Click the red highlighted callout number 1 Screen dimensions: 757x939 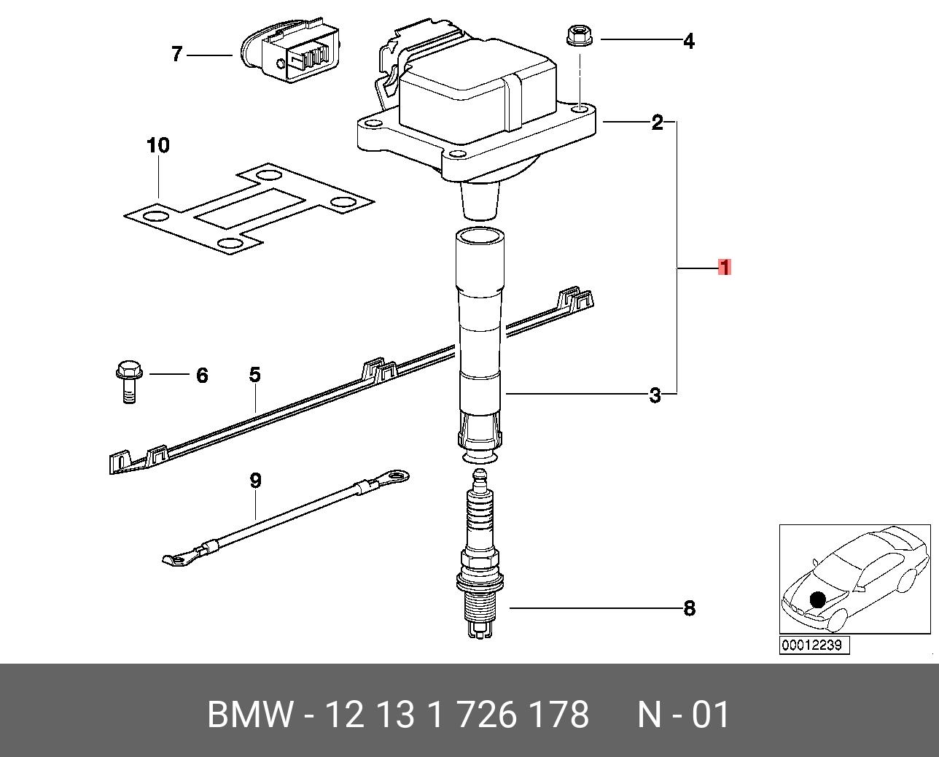coord(724,268)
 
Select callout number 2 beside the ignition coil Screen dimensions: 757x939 coord(657,123)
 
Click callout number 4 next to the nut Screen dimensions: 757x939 coord(688,42)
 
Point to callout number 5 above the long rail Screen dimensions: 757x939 coord(254,375)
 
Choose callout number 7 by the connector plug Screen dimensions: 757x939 coord(176,54)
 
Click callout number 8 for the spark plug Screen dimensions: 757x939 coord(689,608)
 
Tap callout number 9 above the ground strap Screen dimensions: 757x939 coord(255,481)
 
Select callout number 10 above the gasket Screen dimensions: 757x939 coord(158,145)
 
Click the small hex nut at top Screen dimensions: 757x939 coord(577,36)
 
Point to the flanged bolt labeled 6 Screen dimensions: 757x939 coord(128,379)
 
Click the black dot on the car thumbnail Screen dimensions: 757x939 coord(817,599)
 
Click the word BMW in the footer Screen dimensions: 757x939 coord(251,715)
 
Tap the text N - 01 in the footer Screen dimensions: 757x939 coord(683,715)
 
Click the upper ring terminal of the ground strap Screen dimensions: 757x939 coord(395,478)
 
